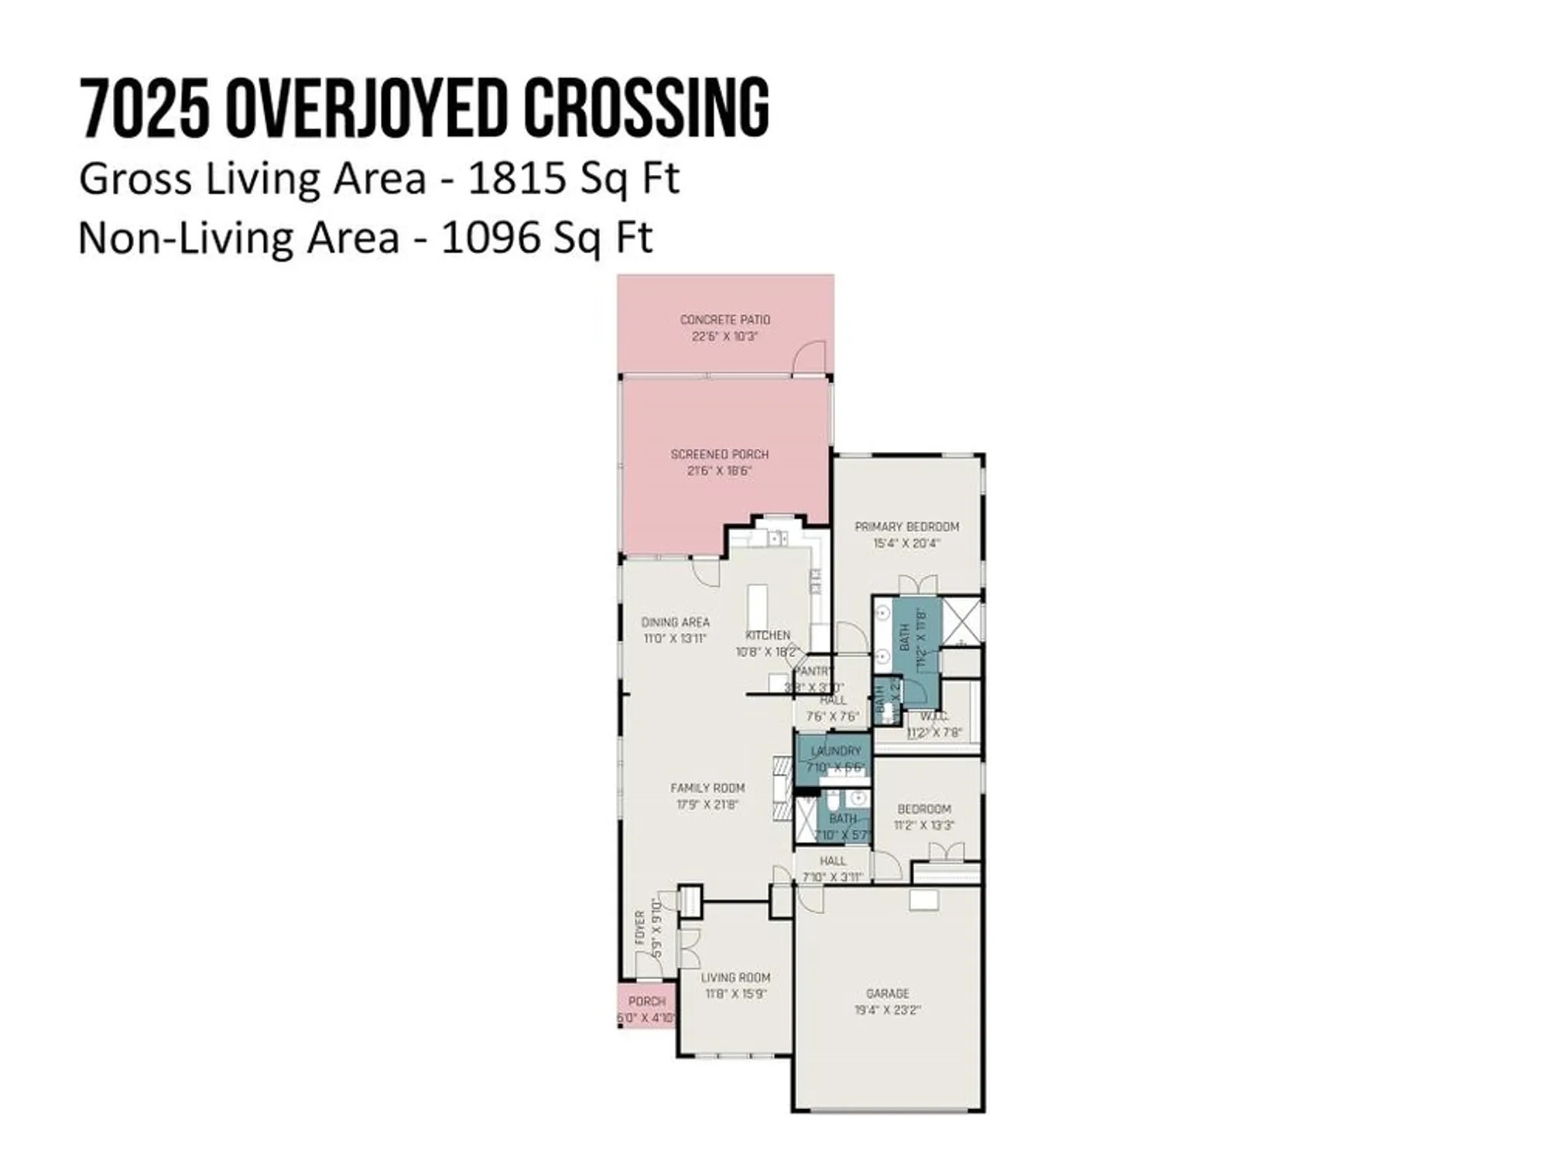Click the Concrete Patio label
click(725, 319)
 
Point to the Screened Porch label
click(720, 454)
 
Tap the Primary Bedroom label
click(906, 526)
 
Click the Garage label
click(887, 993)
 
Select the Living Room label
click(735, 978)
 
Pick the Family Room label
click(707, 788)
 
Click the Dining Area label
click(675, 622)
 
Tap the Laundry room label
click(835, 751)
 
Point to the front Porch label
click(646, 1002)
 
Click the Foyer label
click(640, 929)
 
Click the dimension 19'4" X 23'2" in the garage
click(887, 1010)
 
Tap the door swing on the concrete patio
click(810, 358)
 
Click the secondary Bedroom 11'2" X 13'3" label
click(924, 809)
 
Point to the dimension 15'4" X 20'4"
click(906, 543)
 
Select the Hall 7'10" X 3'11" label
click(833, 861)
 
